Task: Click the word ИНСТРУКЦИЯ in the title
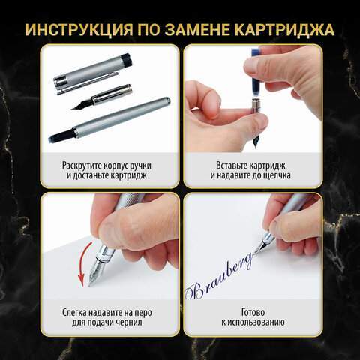[x=79, y=30]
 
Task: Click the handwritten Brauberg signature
[x=220, y=277]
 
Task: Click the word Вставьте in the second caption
[x=231, y=166]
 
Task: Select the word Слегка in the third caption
[x=75, y=313]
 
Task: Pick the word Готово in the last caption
[x=253, y=312]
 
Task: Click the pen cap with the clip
[x=92, y=74]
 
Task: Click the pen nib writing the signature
[x=260, y=247]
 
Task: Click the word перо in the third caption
[x=143, y=313]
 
